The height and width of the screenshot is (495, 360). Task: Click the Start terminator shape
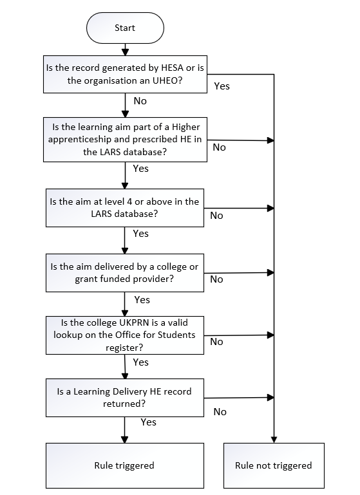(124, 28)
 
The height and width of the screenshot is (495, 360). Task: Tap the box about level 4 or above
(124, 207)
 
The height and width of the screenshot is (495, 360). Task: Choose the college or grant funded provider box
(124, 273)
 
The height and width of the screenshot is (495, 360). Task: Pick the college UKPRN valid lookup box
(124, 335)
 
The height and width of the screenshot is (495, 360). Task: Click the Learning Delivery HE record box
(124, 397)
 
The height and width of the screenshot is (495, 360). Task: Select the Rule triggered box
(124, 465)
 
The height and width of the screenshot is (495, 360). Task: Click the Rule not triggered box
(273, 465)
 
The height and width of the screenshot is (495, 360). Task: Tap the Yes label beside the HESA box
(221, 86)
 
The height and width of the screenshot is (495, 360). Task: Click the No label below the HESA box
(140, 101)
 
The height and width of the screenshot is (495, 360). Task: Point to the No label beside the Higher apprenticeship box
(219, 147)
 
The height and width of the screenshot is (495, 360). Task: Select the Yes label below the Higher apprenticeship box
(140, 169)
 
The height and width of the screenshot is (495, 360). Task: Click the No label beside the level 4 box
(216, 216)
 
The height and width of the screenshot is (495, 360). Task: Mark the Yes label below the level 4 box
(140, 234)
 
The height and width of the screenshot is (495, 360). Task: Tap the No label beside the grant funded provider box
(216, 279)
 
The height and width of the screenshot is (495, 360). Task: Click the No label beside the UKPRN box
(216, 342)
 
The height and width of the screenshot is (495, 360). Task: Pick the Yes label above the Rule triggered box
(148, 422)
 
